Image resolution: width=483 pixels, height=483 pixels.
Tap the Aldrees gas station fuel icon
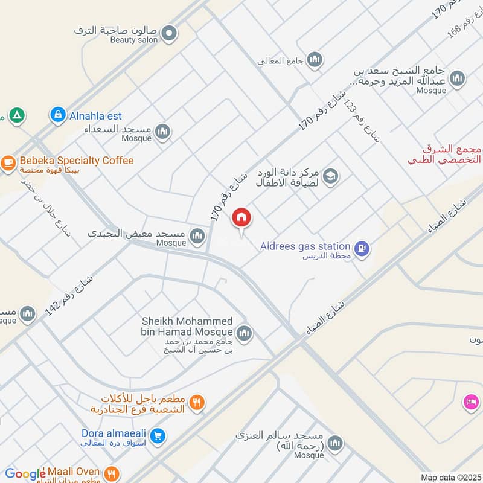[x=362, y=248]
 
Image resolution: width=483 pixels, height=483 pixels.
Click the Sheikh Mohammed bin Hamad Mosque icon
[x=244, y=333]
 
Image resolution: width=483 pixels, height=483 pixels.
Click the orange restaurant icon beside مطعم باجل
[x=196, y=401]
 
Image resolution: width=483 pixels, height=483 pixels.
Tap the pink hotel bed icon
[x=470, y=401]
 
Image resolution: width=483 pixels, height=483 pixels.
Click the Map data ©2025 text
[x=449, y=477]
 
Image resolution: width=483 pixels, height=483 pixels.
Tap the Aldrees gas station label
[x=305, y=246]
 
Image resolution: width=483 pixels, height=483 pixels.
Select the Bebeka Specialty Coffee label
[x=77, y=161]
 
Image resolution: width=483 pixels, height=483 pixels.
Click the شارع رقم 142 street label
[x=69, y=296]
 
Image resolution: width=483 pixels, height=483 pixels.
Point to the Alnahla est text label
[x=95, y=116]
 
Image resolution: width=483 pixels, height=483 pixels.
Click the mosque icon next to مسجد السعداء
[x=162, y=131]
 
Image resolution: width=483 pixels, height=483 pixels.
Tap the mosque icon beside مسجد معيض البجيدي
[x=197, y=236]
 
